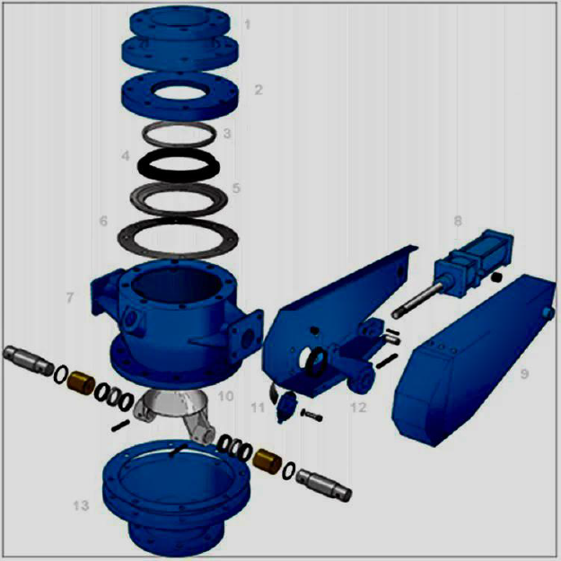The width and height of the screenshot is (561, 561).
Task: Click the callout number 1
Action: click(247, 25)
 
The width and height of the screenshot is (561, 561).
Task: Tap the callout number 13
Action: click(81, 505)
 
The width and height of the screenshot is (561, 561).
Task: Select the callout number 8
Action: click(458, 221)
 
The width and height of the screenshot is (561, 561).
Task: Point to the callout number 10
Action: click(226, 396)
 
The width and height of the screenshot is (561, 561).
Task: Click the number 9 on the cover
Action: click(524, 374)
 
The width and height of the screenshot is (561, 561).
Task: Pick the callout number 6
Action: click(103, 221)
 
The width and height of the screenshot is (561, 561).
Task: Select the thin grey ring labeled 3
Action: click(179, 145)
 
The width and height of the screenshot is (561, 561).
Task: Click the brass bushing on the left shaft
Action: click(81, 382)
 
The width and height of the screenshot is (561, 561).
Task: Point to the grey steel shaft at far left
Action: click(29, 360)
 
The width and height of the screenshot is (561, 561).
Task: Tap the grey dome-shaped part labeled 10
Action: click(174, 408)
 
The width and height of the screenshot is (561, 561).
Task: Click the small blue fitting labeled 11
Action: click(286, 406)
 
